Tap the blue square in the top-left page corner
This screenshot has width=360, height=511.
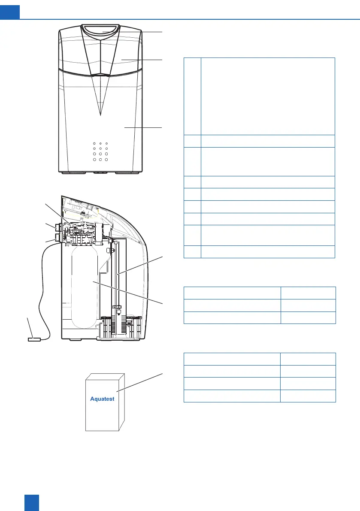(10, 9)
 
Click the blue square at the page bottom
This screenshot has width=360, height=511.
(32, 503)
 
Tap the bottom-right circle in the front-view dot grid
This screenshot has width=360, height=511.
(106, 159)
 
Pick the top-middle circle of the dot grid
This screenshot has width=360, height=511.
(100, 143)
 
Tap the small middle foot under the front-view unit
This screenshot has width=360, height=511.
(100, 173)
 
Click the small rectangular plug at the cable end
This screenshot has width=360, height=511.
(33, 339)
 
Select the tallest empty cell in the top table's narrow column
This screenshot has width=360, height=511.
(192, 97)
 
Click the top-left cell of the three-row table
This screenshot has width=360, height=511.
(232, 293)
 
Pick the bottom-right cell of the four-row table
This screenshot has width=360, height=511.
(308, 396)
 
